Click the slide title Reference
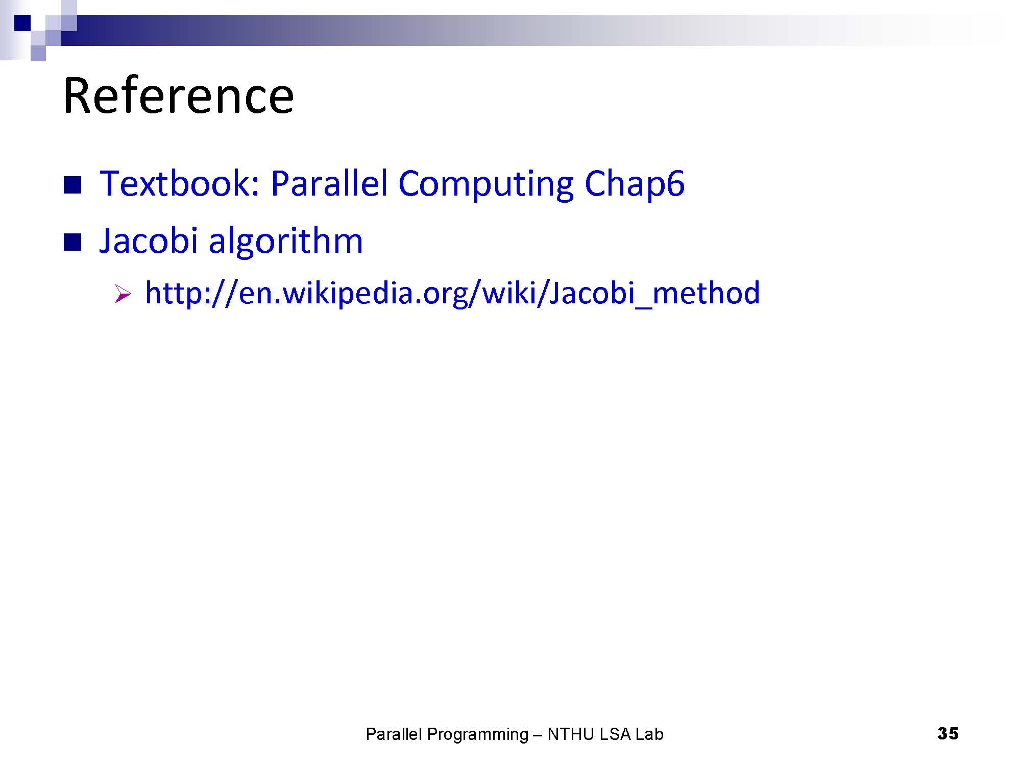point(178,95)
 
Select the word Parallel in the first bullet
point(329,183)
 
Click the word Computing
point(485,184)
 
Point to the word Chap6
point(634,184)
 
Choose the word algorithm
point(285,241)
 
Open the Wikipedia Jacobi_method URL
point(452,294)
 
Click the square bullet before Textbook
point(72,185)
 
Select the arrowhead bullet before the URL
point(123,295)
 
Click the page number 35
point(947,733)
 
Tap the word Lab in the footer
point(649,734)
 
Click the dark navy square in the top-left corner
point(22,23)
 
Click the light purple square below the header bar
point(38,54)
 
